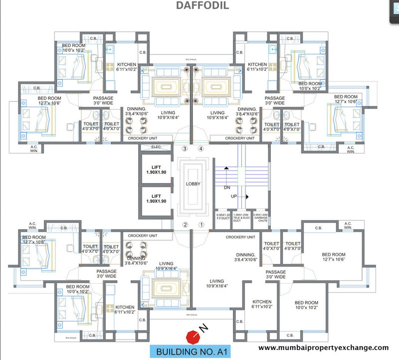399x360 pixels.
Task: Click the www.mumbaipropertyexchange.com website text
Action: [324, 348]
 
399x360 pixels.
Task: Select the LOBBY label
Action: [193, 184]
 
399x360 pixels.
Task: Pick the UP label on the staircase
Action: [234, 197]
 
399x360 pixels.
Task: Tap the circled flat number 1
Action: [201, 224]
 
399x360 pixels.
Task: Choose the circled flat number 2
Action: [185, 224]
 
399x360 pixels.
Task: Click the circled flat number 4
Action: [201, 149]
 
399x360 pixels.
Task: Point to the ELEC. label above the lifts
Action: [156, 147]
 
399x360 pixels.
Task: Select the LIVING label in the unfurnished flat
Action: [217, 283]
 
